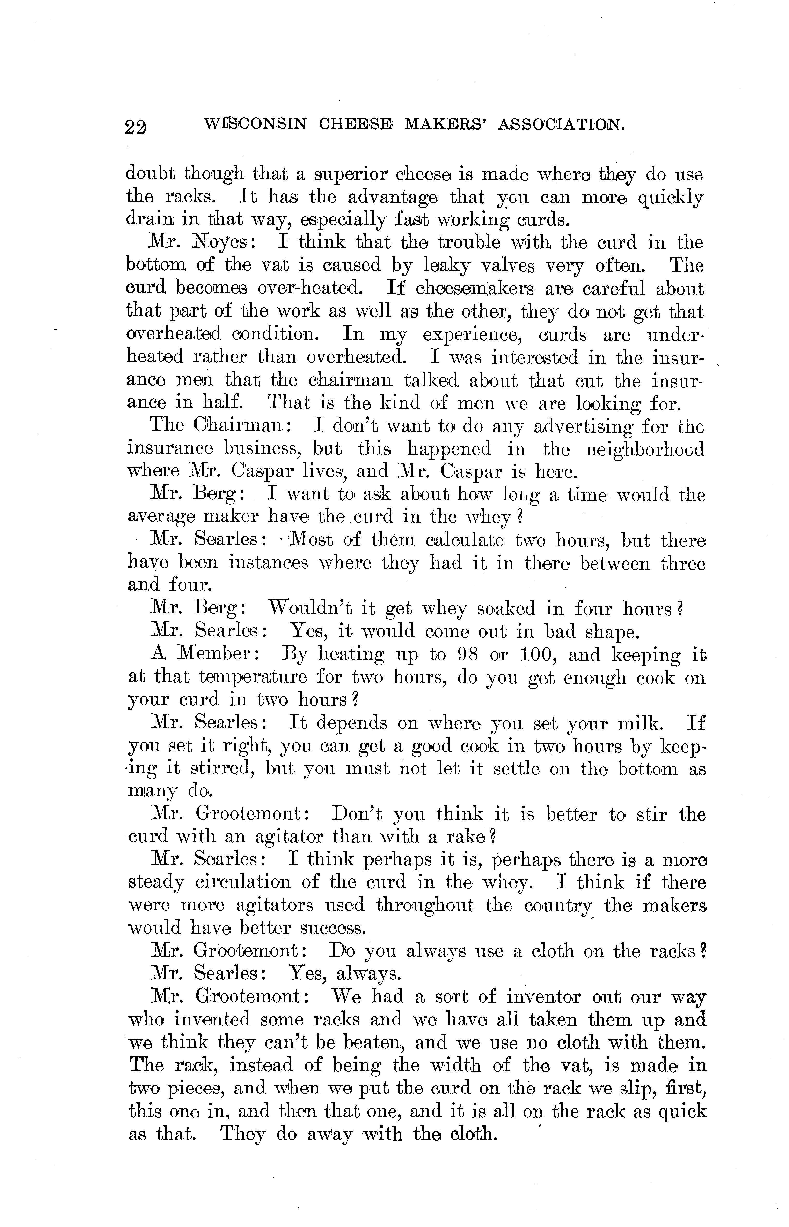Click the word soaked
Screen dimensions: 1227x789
pyautogui.click(x=506, y=609)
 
